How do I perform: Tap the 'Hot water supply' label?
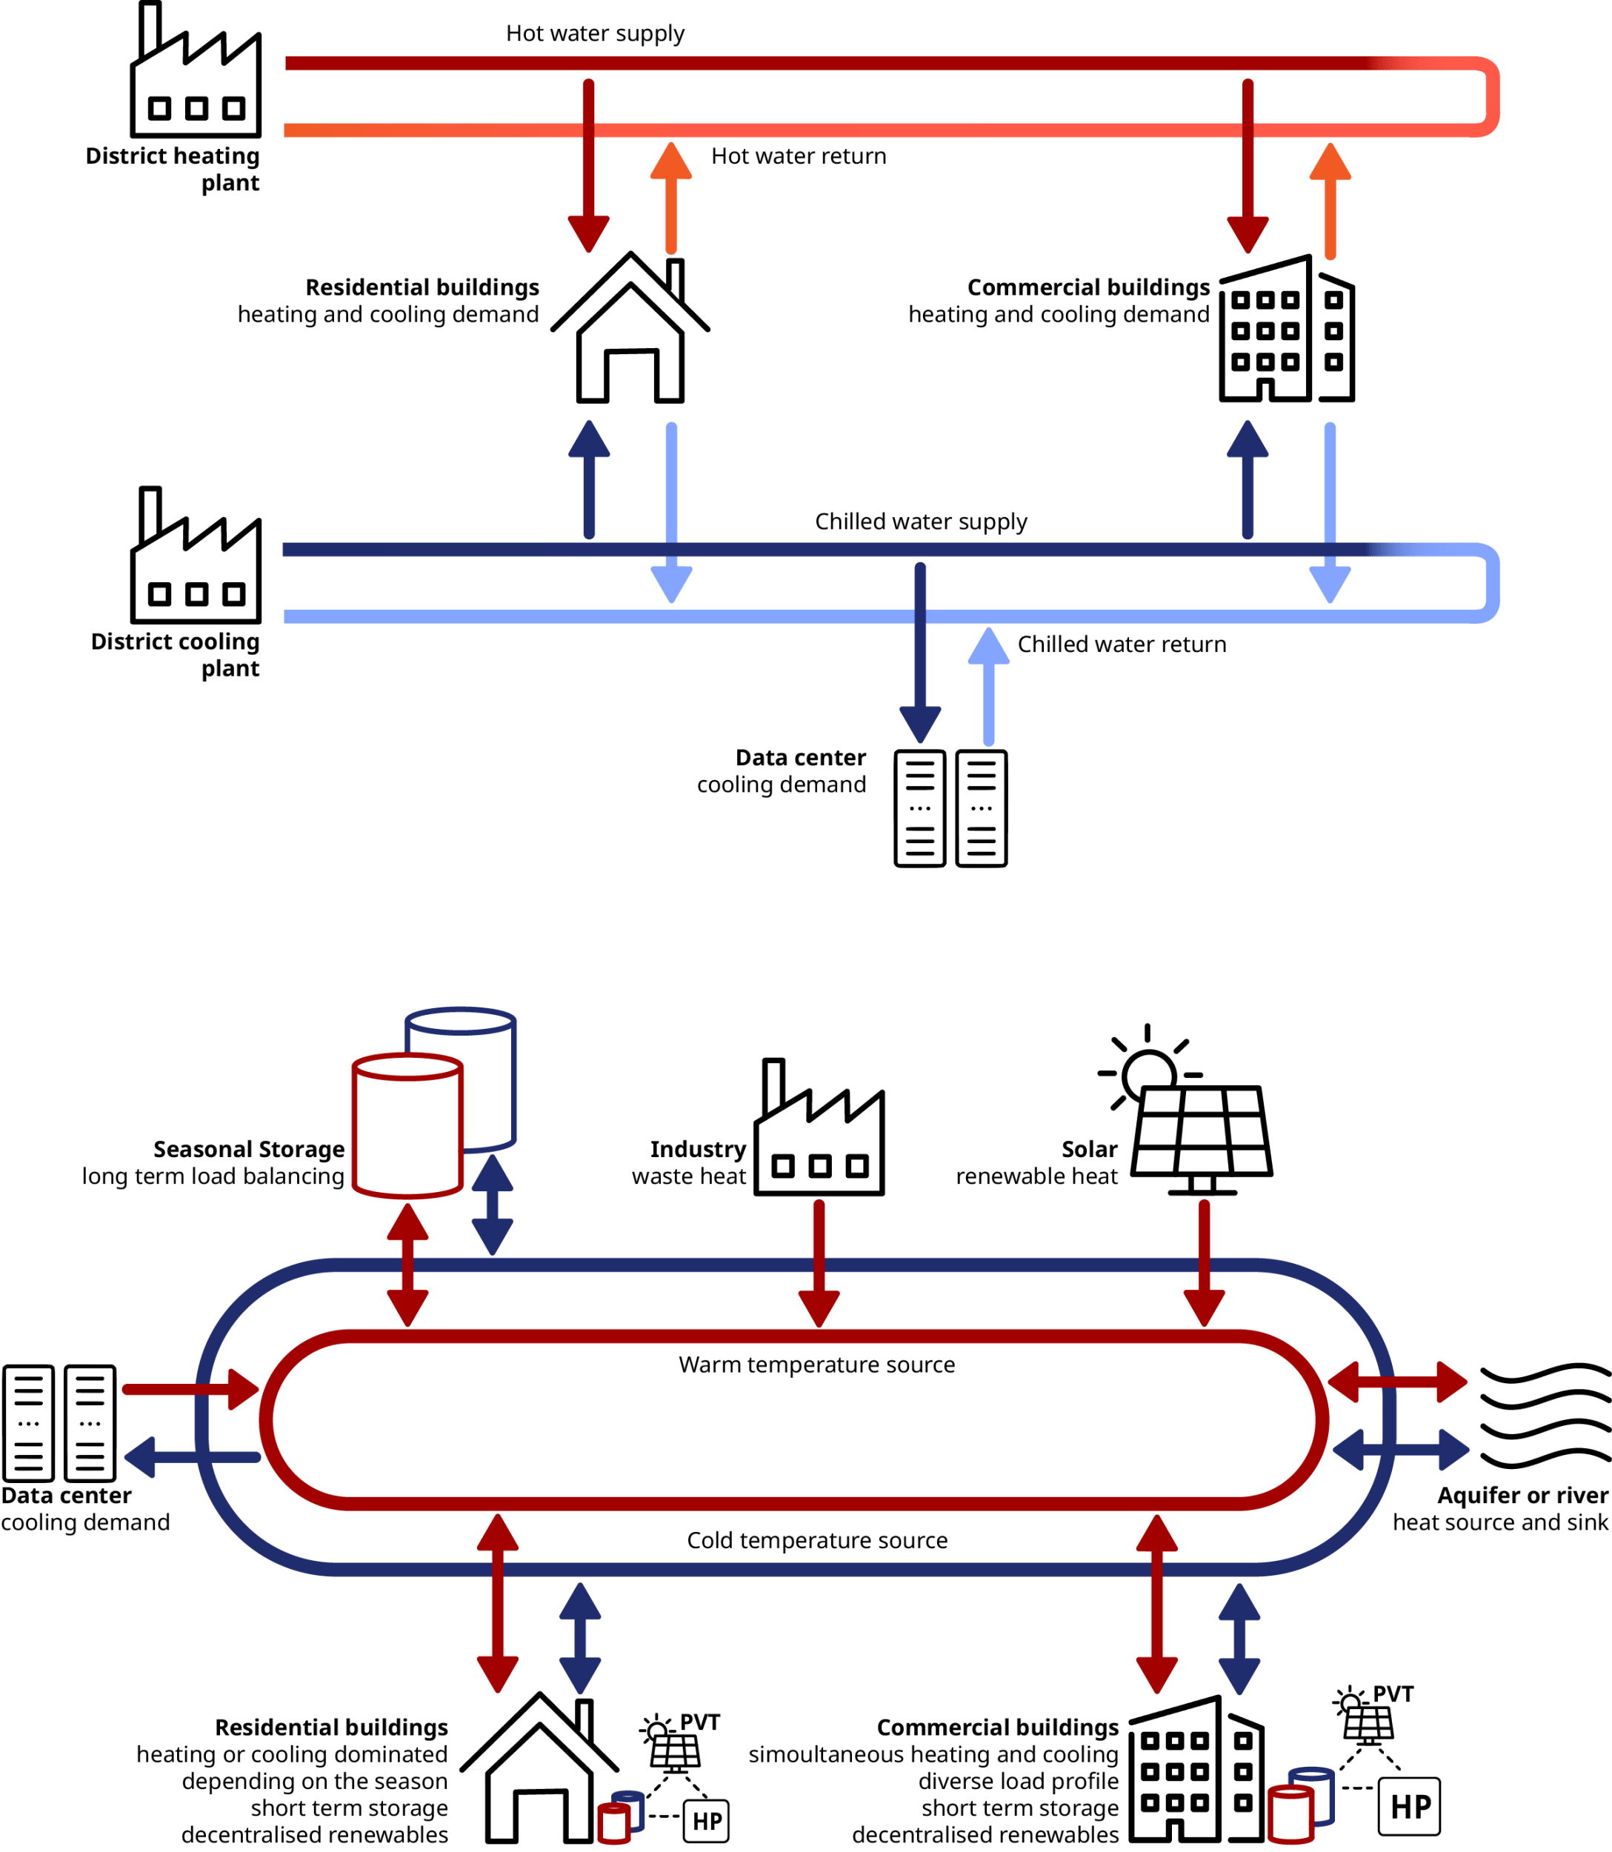click(595, 34)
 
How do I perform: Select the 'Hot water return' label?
click(798, 156)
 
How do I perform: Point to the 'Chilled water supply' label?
click(920, 522)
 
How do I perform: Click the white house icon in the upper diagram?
click(630, 330)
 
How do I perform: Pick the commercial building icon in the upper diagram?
click(1286, 332)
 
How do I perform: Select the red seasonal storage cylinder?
click(407, 1125)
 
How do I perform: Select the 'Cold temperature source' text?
click(817, 1541)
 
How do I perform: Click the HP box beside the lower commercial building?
click(1409, 1806)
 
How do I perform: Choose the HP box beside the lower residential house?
click(706, 1821)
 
